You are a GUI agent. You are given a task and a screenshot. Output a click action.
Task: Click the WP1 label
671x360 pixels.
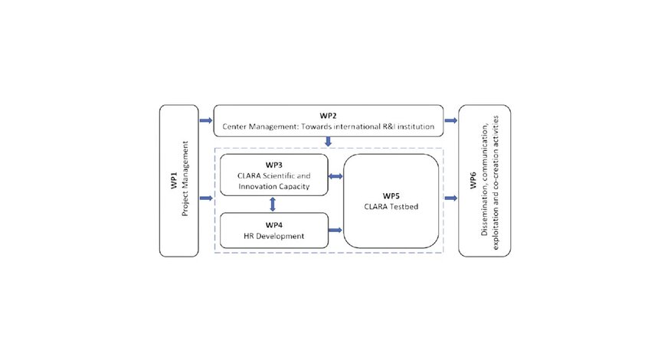tap(174, 180)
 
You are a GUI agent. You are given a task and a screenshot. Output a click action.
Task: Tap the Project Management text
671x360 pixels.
tap(185, 178)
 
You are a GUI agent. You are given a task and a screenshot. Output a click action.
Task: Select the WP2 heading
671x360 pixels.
tap(329, 116)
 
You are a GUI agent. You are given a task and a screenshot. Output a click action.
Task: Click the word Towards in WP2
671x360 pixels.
tap(316, 126)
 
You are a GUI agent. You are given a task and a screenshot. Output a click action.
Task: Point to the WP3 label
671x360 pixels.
tap(274, 165)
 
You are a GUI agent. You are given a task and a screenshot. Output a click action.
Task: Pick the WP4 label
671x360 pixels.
tap(274, 225)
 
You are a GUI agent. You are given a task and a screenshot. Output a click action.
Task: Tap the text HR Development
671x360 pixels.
tap(274, 236)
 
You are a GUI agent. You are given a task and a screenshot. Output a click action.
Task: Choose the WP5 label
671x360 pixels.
tap(391, 195)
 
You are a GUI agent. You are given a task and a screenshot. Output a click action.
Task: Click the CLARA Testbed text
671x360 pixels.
tap(391, 206)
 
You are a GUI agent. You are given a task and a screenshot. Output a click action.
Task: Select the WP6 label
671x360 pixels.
tap(473, 180)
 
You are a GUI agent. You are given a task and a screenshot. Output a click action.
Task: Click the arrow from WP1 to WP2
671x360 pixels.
tap(206, 120)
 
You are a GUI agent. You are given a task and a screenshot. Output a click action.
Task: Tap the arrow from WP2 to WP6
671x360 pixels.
tap(450, 120)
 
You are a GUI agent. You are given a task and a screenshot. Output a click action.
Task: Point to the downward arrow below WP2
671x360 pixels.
tap(329, 141)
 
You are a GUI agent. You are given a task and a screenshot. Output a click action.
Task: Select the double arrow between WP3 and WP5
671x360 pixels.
tap(335, 176)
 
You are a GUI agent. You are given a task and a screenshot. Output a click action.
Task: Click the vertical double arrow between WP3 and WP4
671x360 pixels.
tap(273, 205)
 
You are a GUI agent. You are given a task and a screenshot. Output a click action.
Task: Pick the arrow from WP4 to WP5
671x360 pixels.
tap(335, 231)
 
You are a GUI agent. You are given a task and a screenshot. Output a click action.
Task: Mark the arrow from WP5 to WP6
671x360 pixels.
tap(450, 198)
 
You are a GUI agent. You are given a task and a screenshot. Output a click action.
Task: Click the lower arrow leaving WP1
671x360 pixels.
tap(206, 198)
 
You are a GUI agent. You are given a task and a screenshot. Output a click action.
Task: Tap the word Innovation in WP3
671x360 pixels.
tap(254, 187)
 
